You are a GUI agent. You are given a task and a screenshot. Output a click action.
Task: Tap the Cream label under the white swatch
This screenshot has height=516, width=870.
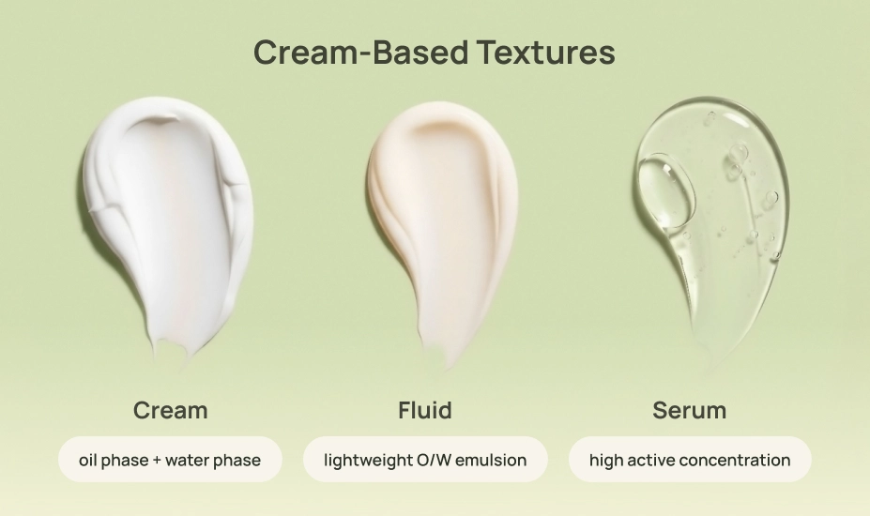170,410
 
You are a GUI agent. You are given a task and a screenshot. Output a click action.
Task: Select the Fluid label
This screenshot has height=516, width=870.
424,410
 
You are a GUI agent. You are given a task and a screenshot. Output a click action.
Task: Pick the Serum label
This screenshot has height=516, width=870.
689,410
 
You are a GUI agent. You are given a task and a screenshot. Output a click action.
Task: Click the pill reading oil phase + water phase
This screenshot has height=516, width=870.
170,460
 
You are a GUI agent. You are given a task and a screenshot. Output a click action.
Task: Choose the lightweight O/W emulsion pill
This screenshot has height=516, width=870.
424,460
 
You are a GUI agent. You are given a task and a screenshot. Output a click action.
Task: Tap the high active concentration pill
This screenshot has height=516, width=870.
690,460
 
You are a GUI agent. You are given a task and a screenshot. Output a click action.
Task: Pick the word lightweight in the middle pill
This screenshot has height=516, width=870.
365,461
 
